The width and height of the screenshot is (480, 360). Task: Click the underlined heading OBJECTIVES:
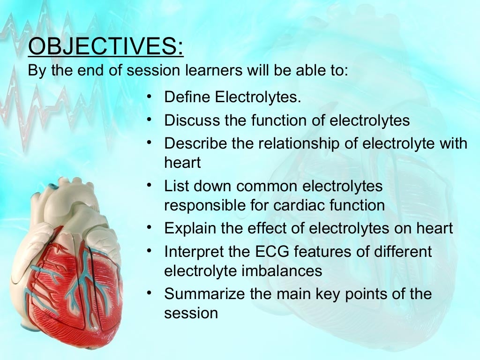tap(105, 47)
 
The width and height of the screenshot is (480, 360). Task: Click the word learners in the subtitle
tap(204, 71)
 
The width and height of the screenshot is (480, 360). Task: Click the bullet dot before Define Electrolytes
tap(149, 97)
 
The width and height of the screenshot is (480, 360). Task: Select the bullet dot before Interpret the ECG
tap(149, 251)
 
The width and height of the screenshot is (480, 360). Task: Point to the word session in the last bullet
tap(191, 313)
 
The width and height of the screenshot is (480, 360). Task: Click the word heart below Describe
tap(182, 163)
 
